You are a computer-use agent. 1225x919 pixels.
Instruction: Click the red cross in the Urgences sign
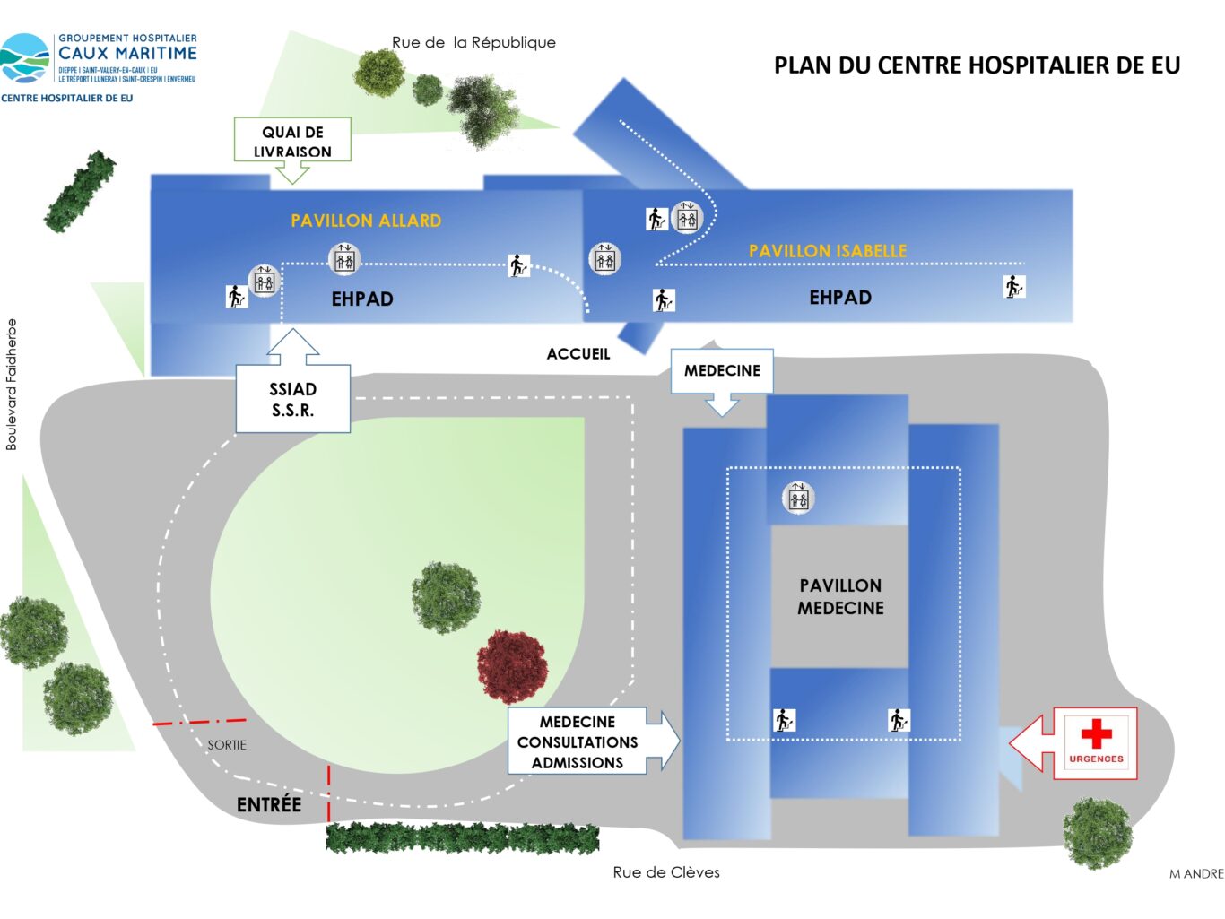pos(1096,733)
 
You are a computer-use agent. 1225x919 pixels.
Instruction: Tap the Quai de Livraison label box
pos(292,141)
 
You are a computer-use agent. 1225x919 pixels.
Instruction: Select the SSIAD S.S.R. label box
pos(293,400)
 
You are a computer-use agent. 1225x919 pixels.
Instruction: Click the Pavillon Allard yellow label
pos(366,221)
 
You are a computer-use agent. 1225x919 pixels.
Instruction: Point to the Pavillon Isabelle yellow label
pos(828,251)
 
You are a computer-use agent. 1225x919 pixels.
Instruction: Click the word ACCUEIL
pos(578,354)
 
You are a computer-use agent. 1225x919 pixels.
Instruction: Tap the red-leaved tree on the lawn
pos(512,664)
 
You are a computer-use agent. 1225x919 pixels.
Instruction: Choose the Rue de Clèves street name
pos(666,872)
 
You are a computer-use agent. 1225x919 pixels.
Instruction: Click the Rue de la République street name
pos(473,42)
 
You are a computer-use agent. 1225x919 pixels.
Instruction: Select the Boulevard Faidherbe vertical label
pos(12,385)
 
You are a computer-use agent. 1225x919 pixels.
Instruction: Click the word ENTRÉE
pos(269,805)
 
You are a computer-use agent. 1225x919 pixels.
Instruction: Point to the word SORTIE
pos(227,745)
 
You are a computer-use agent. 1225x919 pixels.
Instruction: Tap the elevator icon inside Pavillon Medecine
pos(798,498)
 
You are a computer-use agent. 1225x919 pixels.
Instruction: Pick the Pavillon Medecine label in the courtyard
pos(840,597)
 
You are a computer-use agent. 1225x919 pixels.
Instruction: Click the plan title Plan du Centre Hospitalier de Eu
pos(977,65)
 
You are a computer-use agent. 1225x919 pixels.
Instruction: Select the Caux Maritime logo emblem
pos(25,59)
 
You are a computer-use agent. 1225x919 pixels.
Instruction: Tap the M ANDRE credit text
pos(1196,874)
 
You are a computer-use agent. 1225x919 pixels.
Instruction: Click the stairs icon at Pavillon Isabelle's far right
pos(1013,287)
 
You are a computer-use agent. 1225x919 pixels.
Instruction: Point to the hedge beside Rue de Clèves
pos(462,838)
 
